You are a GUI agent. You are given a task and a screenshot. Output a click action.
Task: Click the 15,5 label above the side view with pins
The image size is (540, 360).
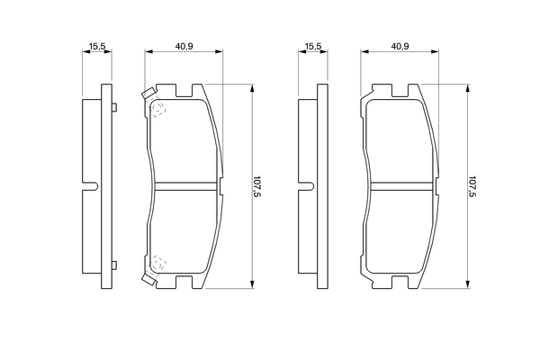(97, 46)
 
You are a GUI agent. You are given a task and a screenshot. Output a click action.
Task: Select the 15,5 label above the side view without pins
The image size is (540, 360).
(313, 46)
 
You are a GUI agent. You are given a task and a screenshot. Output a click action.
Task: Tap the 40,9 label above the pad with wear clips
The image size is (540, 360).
(184, 46)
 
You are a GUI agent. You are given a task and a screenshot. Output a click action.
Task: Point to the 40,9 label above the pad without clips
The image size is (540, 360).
(400, 46)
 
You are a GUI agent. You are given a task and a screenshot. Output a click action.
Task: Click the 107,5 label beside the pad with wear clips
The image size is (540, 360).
(256, 186)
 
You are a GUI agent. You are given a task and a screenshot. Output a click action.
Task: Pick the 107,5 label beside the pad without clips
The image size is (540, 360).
(472, 186)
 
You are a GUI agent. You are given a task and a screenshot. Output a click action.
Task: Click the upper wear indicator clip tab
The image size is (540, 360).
(148, 93)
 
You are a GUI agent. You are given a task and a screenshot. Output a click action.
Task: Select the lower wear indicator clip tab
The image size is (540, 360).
(148, 279)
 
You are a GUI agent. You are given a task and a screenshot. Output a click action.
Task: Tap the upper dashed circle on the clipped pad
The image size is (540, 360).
(157, 108)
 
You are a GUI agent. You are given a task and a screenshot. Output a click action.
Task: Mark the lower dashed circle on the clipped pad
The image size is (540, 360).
(157, 265)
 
